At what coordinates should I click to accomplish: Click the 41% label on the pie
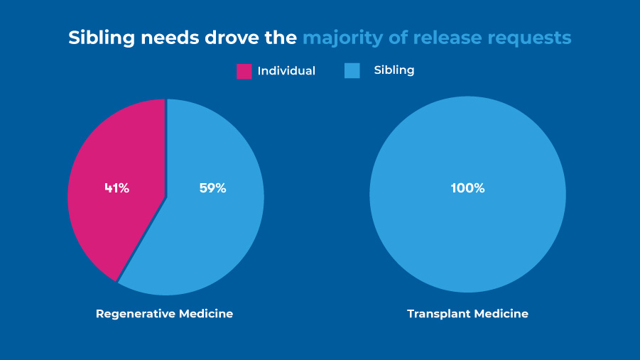coord(116,188)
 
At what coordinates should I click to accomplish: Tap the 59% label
coord(212,188)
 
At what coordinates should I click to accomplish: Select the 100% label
coord(467,188)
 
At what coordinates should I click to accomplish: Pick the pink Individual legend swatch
coord(244,71)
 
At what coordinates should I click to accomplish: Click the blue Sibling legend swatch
coord(352,70)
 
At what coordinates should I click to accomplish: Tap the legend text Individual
coord(286,71)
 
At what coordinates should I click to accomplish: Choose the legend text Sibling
coord(394,70)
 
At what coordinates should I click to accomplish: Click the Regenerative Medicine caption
coord(164,313)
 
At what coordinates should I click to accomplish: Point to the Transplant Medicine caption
coord(467,313)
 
